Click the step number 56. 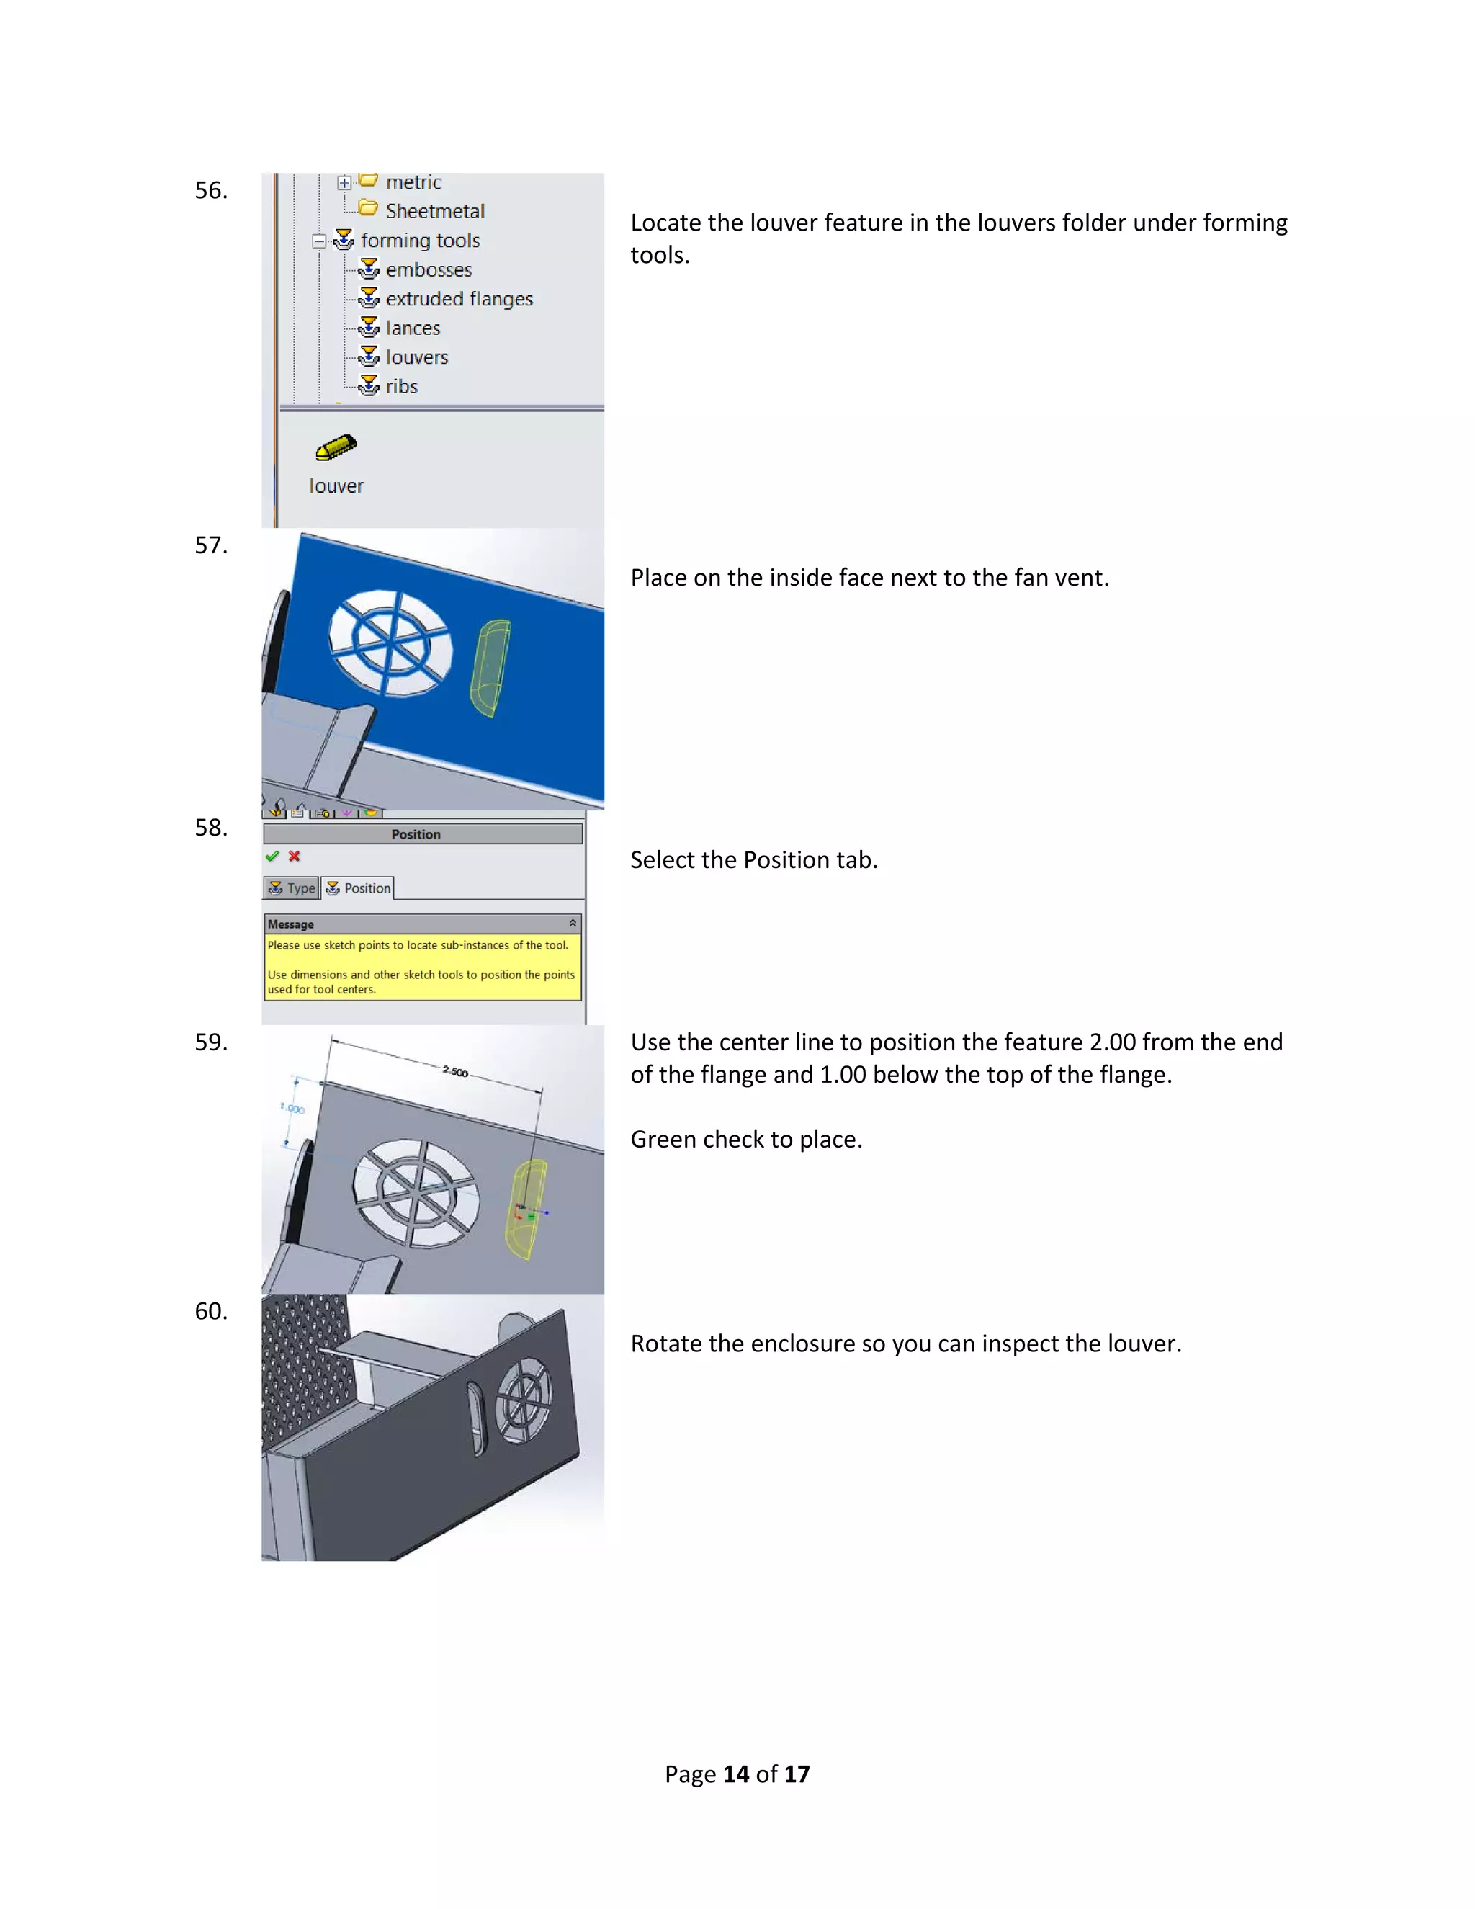tap(210, 191)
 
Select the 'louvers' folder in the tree tap(416, 357)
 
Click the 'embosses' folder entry tap(429, 270)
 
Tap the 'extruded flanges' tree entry tap(459, 299)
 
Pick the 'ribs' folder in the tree tap(401, 386)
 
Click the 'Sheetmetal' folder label tap(434, 212)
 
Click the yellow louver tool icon tap(336, 447)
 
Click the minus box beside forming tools tap(319, 241)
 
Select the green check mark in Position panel tap(272, 857)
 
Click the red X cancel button tap(295, 857)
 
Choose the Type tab tap(292, 888)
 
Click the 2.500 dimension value tap(455, 1072)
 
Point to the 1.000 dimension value tap(292, 1109)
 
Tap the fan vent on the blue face tap(390, 643)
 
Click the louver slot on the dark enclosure tap(477, 1418)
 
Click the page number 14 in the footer tap(736, 1774)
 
